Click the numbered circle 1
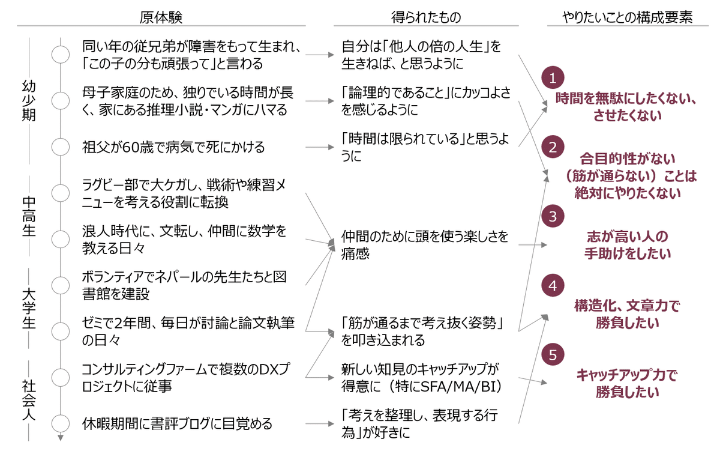(x=553, y=78)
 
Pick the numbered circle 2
(x=553, y=147)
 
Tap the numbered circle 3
(x=553, y=215)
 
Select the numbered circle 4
(x=553, y=286)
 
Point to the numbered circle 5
(x=553, y=354)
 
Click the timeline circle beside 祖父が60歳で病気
(x=60, y=147)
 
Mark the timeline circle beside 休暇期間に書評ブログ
(x=60, y=423)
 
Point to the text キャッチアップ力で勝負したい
(x=627, y=384)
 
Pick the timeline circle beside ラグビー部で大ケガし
(x=60, y=193)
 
